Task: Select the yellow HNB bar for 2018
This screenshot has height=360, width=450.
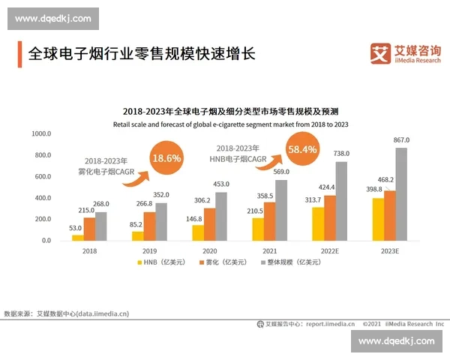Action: [78, 237]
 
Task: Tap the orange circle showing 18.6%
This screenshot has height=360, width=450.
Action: [166, 159]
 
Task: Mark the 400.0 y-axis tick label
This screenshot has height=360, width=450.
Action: [43, 197]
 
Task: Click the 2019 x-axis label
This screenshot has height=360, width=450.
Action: [150, 251]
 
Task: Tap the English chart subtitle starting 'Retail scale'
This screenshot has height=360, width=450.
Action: [230, 123]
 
